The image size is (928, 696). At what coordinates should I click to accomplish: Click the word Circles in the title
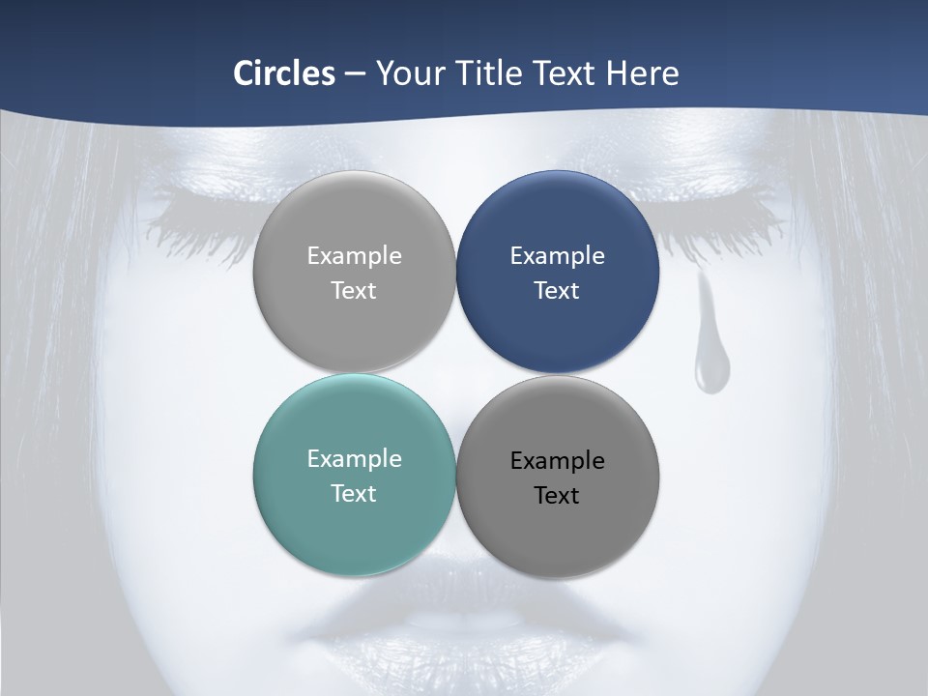tap(283, 73)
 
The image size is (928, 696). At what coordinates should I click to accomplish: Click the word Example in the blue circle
tap(558, 256)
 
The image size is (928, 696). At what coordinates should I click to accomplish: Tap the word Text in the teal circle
tap(354, 494)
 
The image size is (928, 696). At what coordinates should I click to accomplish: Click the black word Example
tap(558, 461)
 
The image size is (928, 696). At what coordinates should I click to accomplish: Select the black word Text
tap(558, 496)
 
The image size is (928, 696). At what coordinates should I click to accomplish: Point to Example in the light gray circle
tap(354, 256)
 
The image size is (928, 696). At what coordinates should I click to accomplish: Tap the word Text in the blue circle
tap(558, 291)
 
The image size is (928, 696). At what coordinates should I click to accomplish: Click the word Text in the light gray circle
tap(354, 291)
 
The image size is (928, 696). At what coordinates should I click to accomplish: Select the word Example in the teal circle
tap(354, 459)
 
